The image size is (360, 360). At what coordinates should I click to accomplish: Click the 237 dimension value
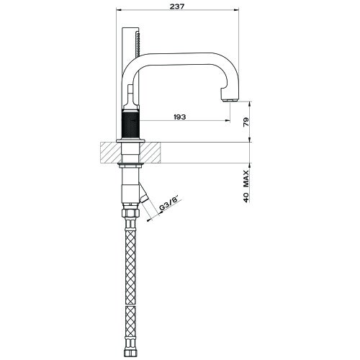(180, 6)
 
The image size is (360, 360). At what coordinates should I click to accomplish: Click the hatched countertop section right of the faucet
(155, 152)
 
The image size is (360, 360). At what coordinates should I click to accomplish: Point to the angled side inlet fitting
(145, 195)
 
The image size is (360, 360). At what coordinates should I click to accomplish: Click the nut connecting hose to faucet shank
(131, 214)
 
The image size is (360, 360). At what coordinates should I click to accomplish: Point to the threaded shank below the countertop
(131, 173)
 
